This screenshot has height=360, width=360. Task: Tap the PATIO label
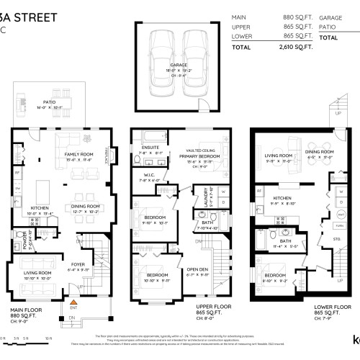click(49, 103)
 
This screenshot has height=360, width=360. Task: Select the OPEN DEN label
click(197, 271)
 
